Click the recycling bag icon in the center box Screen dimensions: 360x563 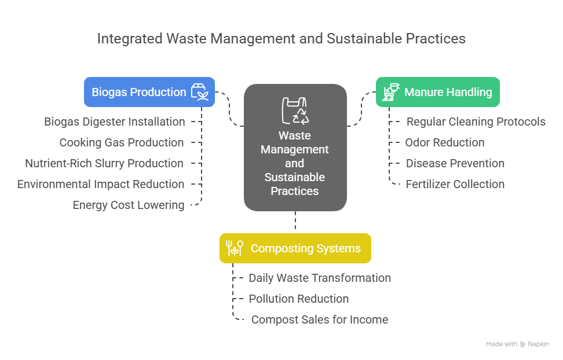[x=295, y=111]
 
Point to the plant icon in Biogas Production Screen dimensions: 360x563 [x=199, y=92]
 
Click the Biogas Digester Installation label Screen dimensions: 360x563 [x=115, y=122]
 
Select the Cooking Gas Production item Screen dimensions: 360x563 [x=122, y=142]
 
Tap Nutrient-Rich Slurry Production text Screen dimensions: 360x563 [x=104, y=163]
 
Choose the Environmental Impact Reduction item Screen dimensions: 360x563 [x=101, y=184]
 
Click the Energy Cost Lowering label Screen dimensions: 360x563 [x=129, y=205]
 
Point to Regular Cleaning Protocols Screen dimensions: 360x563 [x=476, y=122]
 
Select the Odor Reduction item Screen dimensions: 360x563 [x=445, y=142]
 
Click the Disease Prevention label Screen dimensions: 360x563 [x=455, y=163]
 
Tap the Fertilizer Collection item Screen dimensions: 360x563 [x=455, y=184]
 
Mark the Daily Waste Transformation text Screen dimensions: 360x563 [x=320, y=278]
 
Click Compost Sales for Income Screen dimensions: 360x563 [x=319, y=319]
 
